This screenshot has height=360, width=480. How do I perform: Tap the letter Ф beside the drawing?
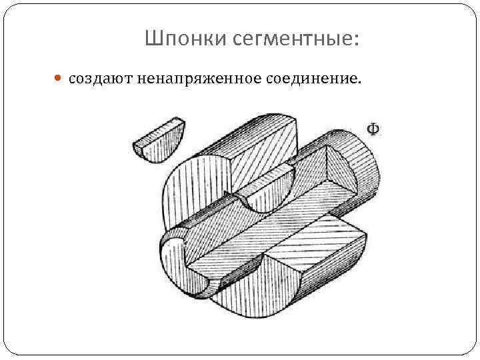tap(374, 128)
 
